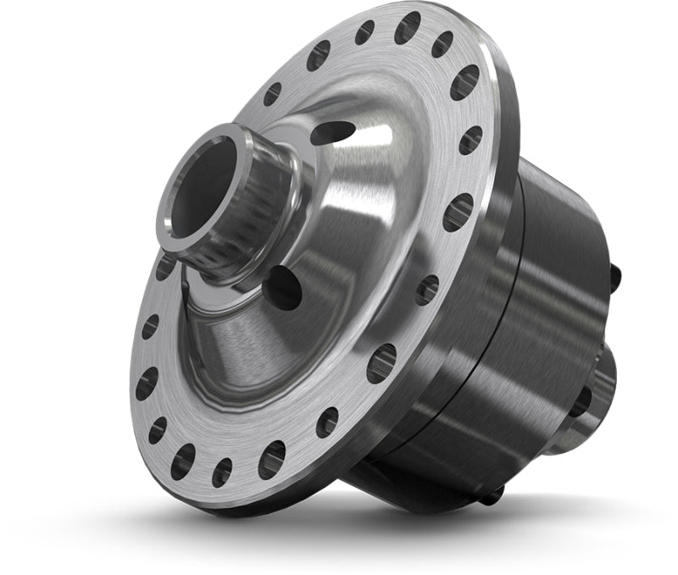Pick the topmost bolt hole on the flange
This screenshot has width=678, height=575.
(x=407, y=27)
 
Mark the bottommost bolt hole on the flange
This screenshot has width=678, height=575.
(x=222, y=472)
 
